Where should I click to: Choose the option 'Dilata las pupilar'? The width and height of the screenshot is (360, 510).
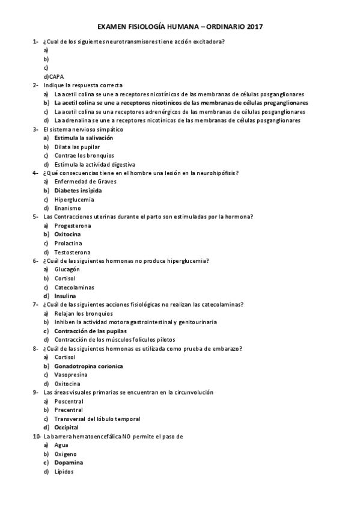tap(77, 147)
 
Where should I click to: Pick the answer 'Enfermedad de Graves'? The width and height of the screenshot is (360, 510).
tap(85, 181)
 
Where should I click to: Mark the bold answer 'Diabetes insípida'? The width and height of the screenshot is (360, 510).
tap(78, 190)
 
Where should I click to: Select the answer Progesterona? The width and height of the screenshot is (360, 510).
tap(72, 225)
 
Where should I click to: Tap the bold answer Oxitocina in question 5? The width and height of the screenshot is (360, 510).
tap(68, 234)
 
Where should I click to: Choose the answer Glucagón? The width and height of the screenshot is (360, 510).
tap(67, 269)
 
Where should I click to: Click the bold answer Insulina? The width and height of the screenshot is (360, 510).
tap(65, 296)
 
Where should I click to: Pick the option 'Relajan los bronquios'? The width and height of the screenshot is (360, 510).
tap(83, 313)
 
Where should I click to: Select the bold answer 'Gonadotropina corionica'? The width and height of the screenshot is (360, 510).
tap(88, 366)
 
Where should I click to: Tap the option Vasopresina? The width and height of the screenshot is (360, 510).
tap(70, 375)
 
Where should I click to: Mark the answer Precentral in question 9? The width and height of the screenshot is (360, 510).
tap(69, 410)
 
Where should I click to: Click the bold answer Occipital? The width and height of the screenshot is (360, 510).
tap(66, 427)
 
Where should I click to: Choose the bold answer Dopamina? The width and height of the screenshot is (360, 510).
tap(69, 462)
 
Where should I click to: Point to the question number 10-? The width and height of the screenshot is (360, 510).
tap(37, 436)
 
